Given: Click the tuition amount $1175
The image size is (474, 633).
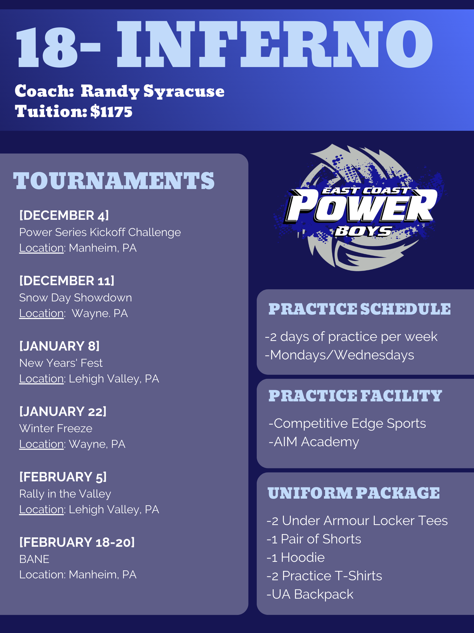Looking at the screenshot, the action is coord(111,111).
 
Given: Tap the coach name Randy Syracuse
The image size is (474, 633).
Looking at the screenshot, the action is coord(153,91).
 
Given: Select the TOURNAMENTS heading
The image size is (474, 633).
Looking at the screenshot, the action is coord(114,181).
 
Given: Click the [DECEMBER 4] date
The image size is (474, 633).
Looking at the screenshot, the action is coord(64,215).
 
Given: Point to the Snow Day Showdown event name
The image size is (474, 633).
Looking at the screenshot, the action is coord(76,298).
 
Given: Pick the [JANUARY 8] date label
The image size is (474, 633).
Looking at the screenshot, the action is coord(60,346).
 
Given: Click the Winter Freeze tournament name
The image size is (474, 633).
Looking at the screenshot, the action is coord(56,428).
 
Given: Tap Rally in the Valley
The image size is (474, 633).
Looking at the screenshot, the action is coord(65,494).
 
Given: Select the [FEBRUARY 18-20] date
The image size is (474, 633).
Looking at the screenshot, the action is coord(77,542).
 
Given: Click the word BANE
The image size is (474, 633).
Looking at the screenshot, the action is coord(34,559).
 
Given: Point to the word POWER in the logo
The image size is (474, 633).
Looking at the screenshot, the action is coord(360,206).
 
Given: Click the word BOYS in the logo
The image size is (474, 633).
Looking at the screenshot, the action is coord(363,231).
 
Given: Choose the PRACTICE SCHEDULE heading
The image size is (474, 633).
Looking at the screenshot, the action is coord(359,309).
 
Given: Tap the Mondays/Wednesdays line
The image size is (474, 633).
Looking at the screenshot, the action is coord(339,355).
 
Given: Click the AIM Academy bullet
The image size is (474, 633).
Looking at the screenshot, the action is coord(314,442).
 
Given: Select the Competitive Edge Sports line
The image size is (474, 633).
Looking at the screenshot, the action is coord(347,424).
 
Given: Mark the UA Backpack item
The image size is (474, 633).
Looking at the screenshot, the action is coord(310,594).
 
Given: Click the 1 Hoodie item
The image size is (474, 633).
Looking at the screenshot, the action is coord(295,557).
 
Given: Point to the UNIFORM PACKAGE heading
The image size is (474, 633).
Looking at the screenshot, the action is coord(354,493).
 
